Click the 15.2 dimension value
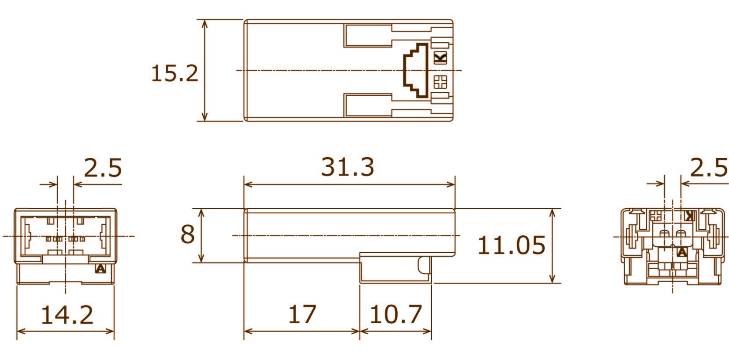[x=175, y=73]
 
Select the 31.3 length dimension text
[x=348, y=167]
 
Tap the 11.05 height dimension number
[x=511, y=245]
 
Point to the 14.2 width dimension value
[x=67, y=315]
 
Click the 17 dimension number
[x=302, y=314]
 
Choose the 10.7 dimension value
[x=396, y=315]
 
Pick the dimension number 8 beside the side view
[x=187, y=234]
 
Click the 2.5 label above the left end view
[x=103, y=168]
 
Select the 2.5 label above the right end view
[x=708, y=168]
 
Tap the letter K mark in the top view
[x=440, y=58]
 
